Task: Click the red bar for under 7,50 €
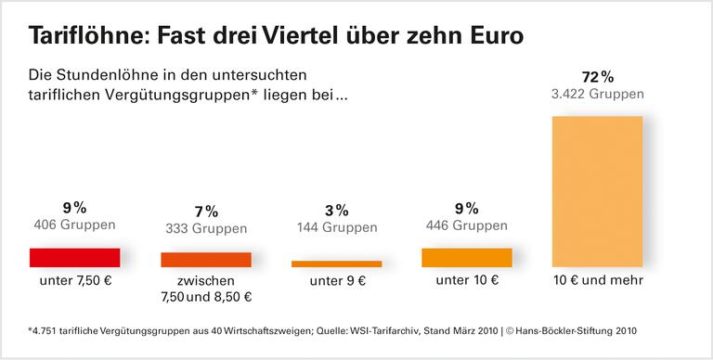pyautogui.click(x=75, y=257)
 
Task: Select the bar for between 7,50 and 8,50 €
pyautogui.click(x=206, y=260)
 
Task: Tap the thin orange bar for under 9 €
pyautogui.click(x=336, y=264)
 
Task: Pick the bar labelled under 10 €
pyautogui.click(x=466, y=257)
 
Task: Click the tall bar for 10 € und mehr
pyautogui.click(x=597, y=191)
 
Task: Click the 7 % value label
pyautogui.click(x=206, y=211)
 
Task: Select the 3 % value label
pyautogui.click(x=336, y=210)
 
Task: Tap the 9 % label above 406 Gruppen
pyautogui.click(x=75, y=207)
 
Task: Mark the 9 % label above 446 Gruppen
pyautogui.click(x=466, y=207)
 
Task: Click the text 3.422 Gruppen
pyautogui.click(x=597, y=93)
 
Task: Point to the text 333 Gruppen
pyautogui.click(x=206, y=228)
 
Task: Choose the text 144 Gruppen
pyautogui.click(x=336, y=227)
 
